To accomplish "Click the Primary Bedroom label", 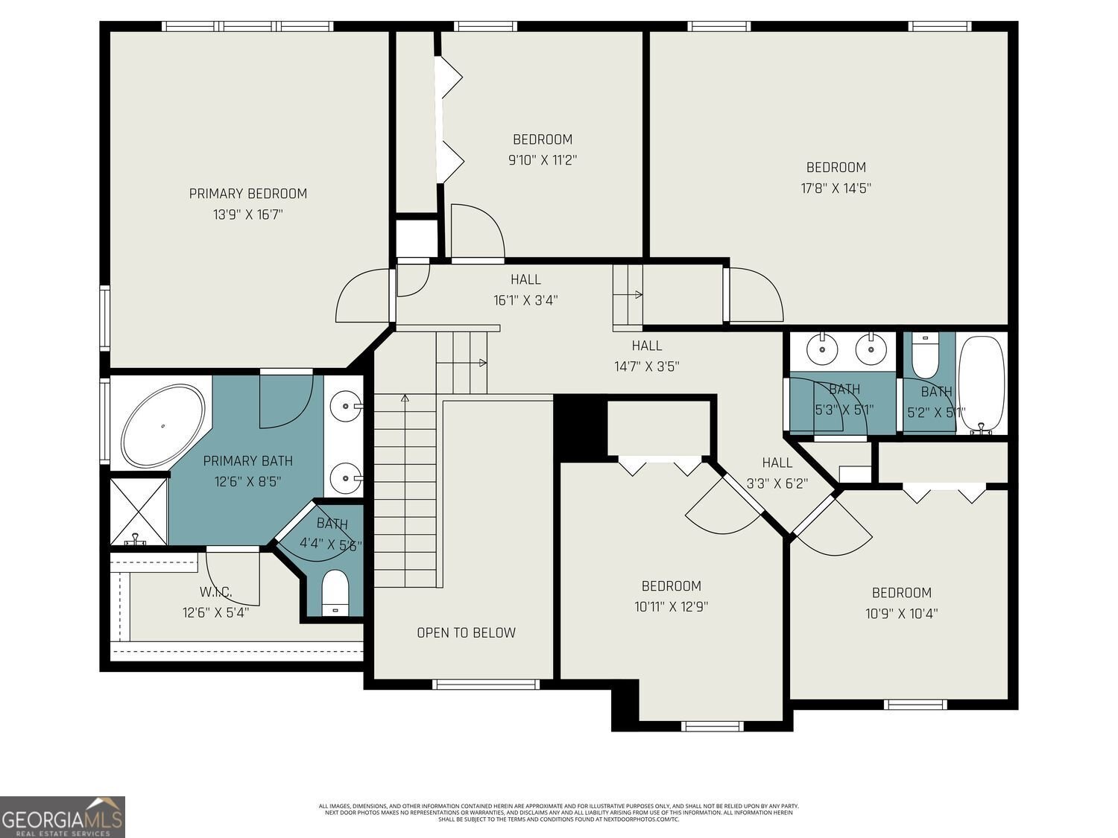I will point(247,194).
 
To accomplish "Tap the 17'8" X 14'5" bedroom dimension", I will point(836,188).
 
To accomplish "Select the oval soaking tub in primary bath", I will point(164,426).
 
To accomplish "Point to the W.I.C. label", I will point(215,592).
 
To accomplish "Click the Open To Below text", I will point(466,632).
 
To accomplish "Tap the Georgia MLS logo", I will point(63,817).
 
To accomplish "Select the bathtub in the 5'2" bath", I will point(982,384).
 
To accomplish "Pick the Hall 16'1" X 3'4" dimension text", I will point(525,300).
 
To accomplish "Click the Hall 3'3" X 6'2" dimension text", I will point(777,483).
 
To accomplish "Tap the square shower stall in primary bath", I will point(139,511).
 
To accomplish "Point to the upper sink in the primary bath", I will point(347,407).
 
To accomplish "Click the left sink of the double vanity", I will point(822,348).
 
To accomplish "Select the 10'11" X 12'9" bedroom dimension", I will point(671,606).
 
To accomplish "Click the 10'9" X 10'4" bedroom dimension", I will point(901,614).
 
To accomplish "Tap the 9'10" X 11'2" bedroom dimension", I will point(543,159).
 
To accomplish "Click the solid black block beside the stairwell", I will point(579,428).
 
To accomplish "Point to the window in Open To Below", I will point(485,684).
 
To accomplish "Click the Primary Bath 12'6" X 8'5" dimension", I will point(247,482).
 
